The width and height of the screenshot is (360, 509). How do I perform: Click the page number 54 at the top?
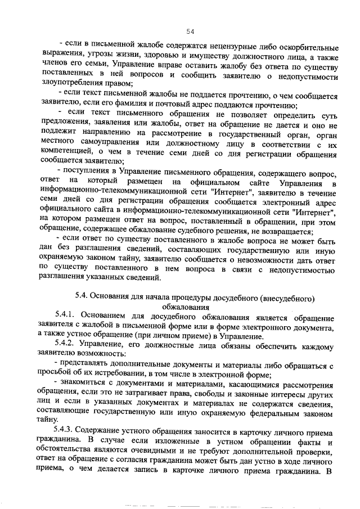190,31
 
